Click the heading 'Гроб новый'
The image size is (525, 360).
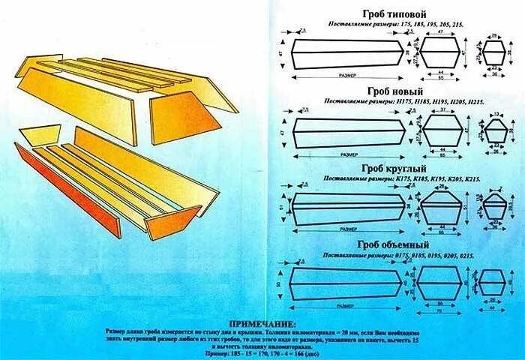point(394,91)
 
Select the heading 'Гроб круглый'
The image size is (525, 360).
point(394,168)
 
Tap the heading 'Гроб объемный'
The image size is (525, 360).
point(394,244)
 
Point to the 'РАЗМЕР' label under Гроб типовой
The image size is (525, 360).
point(346,75)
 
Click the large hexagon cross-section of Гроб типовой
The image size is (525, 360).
point(442,52)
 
